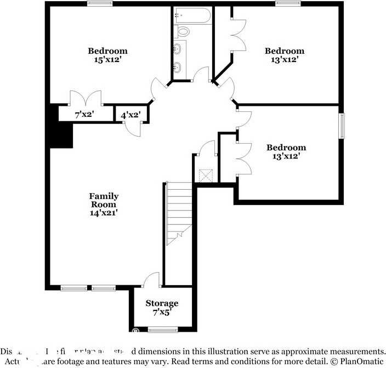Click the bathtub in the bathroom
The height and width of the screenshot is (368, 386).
click(191, 16)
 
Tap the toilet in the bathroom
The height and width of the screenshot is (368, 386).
click(183, 31)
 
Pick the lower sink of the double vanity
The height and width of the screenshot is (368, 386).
click(178, 68)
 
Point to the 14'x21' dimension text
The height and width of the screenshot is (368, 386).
click(104, 213)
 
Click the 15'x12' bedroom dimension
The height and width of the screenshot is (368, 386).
click(107, 60)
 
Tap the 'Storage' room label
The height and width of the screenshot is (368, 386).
click(162, 303)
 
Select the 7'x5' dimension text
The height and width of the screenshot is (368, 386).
click(162, 312)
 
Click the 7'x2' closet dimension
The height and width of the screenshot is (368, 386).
click(84, 115)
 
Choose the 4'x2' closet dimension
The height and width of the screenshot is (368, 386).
click(130, 115)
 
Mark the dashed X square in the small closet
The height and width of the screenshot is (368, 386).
click(206, 175)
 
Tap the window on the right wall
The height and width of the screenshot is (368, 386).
click(342, 126)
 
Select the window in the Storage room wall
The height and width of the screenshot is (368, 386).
click(163, 330)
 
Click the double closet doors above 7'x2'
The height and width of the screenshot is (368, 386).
click(86, 98)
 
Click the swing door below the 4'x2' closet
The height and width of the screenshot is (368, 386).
click(133, 127)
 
